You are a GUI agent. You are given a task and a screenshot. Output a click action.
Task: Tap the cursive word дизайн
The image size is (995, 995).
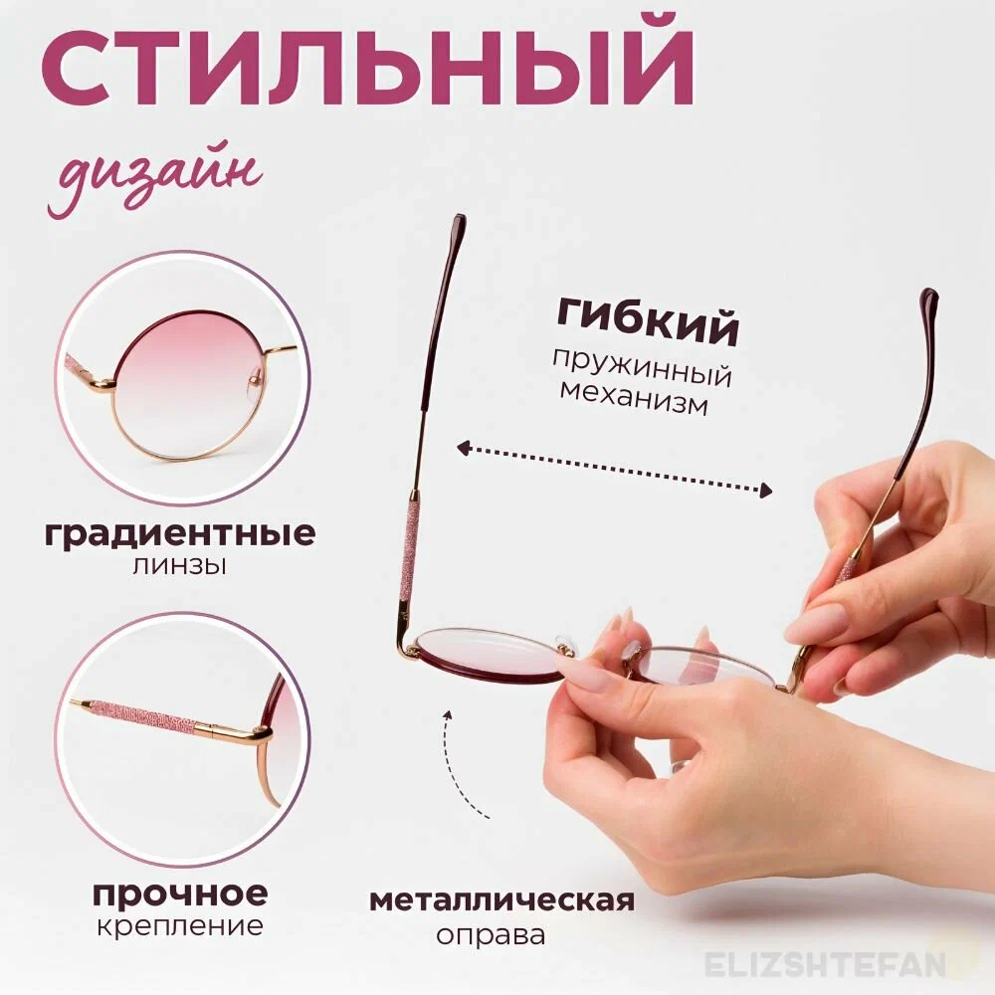[154, 182]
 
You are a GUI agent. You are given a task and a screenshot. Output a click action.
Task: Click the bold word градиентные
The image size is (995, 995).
[180, 534]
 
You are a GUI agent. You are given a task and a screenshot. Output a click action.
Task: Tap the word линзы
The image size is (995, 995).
[178, 566]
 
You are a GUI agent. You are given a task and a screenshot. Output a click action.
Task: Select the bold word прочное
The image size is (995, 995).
[180, 893]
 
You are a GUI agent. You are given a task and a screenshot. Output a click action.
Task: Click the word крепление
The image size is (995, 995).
[180, 925]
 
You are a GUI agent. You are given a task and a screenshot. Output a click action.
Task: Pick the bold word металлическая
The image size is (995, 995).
[502, 900]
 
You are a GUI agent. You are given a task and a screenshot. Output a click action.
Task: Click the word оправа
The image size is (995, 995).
[490, 935]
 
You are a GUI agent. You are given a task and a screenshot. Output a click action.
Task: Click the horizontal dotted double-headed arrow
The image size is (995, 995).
[614, 469]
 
